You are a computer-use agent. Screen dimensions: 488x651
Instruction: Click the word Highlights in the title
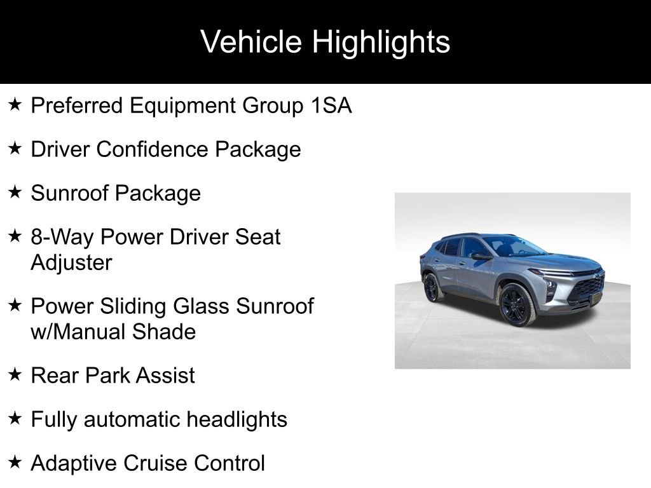point(381,43)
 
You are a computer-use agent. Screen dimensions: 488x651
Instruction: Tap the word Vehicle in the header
point(251,43)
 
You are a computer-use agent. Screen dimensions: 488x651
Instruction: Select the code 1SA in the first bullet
point(331,105)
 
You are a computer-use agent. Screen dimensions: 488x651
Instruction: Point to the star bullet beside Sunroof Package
point(15,193)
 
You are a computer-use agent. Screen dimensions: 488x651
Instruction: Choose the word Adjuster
point(71,262)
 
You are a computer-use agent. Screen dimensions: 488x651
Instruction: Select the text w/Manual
point(69,332)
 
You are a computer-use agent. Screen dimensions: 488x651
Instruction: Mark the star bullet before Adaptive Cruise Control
point(15,463)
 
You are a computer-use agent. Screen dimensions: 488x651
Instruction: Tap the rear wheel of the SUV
point(431,288)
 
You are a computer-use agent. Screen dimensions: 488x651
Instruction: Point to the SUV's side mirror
point(480,256)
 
